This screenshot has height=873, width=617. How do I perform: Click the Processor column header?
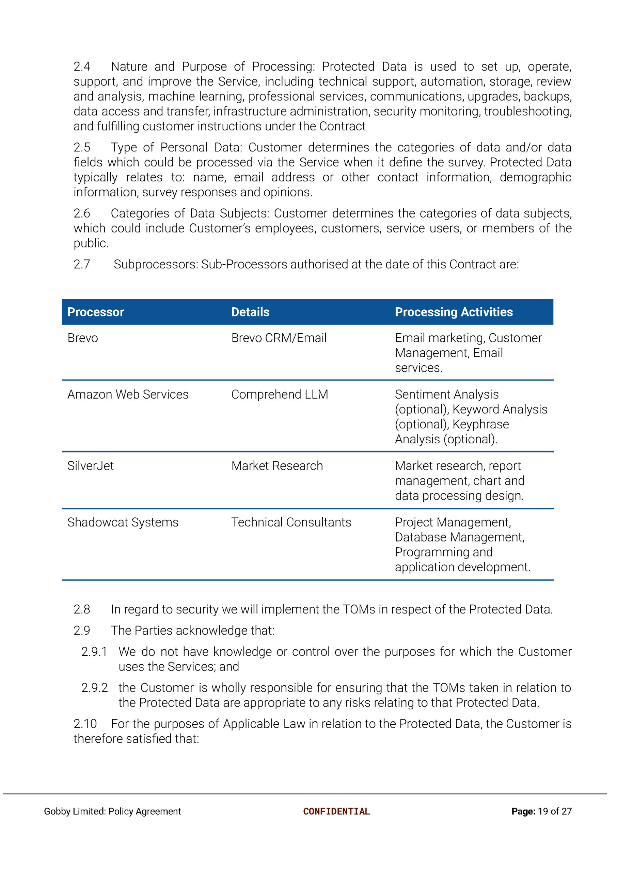point(96,312)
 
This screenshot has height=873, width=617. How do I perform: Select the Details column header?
point(250,312)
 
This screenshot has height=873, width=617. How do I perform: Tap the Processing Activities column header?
point(454,312)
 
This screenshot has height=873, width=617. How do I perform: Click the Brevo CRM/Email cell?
point(279,338)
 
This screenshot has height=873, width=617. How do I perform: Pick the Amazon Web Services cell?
point(128,394)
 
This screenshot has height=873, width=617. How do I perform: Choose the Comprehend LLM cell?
point(280,394)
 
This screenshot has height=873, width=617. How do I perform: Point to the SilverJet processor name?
point(91,465)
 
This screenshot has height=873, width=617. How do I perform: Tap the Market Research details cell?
point(277,465)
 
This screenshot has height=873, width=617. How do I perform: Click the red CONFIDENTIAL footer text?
point(336,811)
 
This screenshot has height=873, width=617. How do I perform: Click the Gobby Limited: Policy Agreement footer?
point(112,811)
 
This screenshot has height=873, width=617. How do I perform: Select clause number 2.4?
point(82,66)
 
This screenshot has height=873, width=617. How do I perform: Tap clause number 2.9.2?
point(95,687)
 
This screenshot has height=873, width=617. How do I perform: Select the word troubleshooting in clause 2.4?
point(527,111)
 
